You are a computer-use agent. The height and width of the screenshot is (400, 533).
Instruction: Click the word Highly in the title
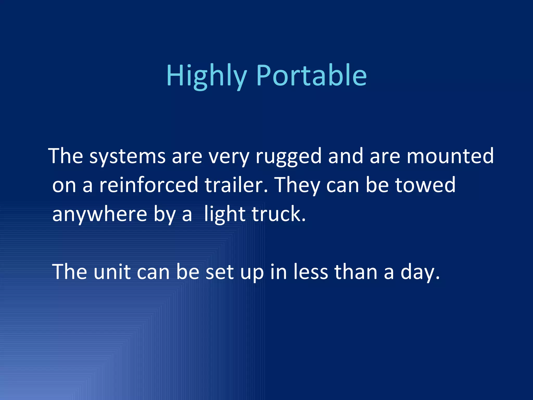pyautogui.click(x=206, y=76)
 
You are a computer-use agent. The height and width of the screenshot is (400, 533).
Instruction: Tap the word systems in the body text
pyautogui.click(x=127, y=156)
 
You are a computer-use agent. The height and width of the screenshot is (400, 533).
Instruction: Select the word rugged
pyautogui.click(x=288, y=156)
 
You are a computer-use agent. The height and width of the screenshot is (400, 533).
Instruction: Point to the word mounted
pyautogui.click(x=450, y=156)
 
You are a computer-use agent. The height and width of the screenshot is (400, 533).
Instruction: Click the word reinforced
pyautogui.click(x=149, y=185)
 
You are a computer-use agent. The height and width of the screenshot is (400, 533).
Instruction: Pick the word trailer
pyautogui.click(x=236, y=185)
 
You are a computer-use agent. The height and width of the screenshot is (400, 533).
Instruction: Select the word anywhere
pyautogui.click(x=100, y=214)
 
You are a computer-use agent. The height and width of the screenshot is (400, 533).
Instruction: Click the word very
pyautogui.click(x=229, y=156)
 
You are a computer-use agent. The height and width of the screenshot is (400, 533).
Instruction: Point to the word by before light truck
pyautogui.click(x=165, y=214)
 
